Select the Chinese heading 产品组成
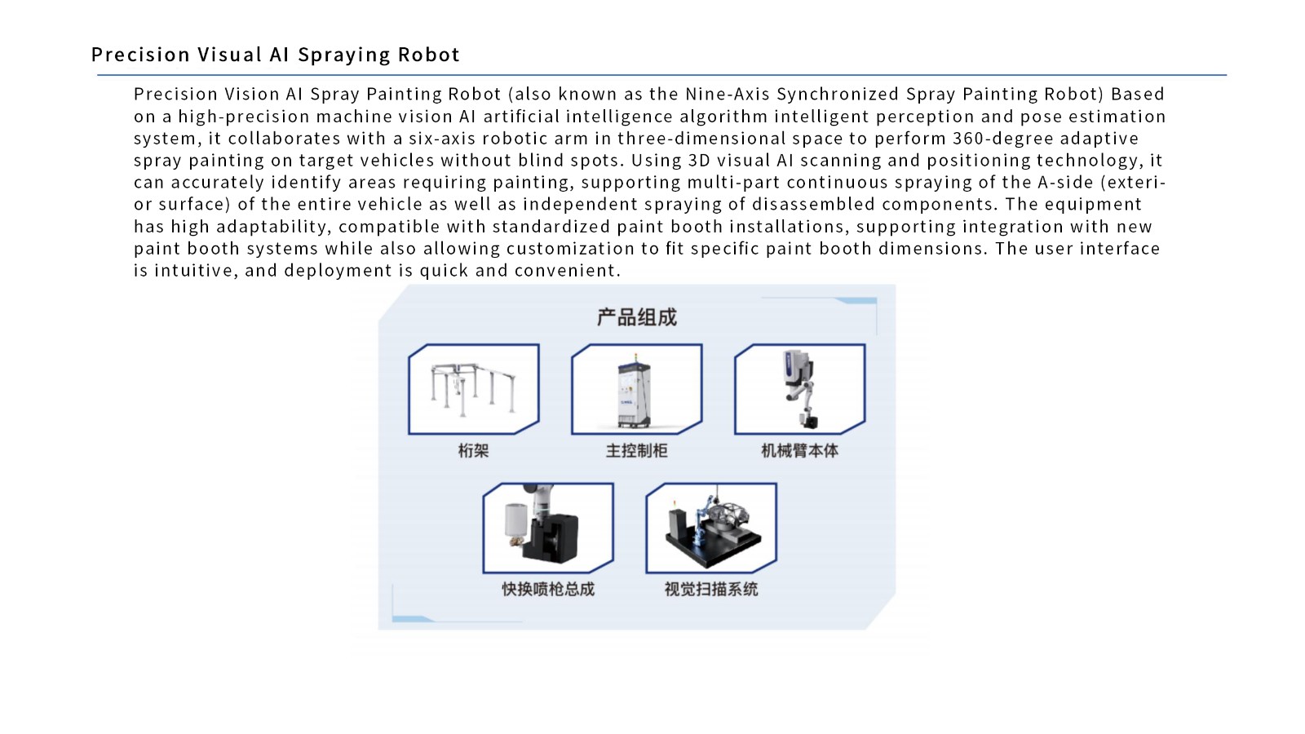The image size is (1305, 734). [636, 317]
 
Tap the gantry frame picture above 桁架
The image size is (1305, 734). [473, 389]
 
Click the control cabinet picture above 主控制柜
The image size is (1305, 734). [636, 389]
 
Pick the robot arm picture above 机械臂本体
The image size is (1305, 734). [799, 389]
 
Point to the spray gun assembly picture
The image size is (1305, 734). [547, 528]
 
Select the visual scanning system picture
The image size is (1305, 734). [710, 528]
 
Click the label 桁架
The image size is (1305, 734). [473, 450]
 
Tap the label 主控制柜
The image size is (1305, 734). [636, 450]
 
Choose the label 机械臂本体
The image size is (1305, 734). [799, 450]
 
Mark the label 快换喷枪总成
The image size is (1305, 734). [547, 589]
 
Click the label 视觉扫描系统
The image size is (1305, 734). [710, 589]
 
